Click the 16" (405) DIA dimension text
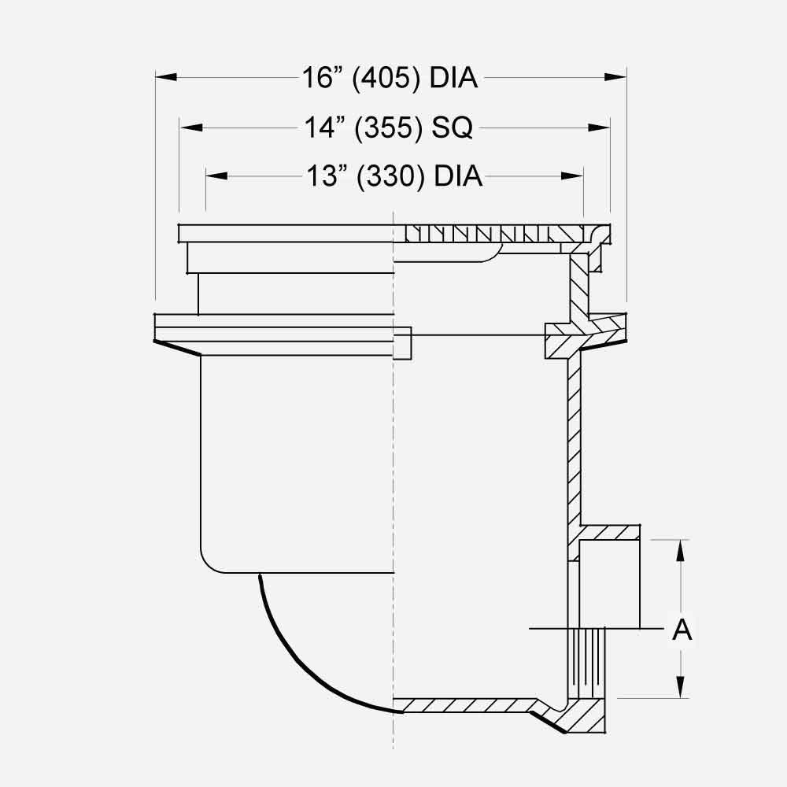coord(391,77)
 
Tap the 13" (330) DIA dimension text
coord(393,177)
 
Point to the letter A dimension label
coord(682,630)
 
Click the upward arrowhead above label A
coord(682,550)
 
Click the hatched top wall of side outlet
coord(610,533)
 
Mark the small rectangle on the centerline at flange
coord(401,343)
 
